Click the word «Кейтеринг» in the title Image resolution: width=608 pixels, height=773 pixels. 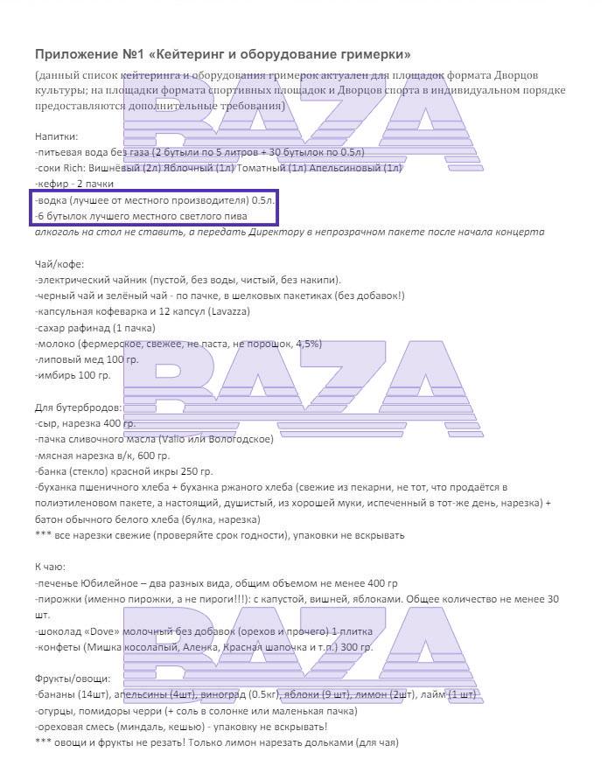pyautogui.click(x=172, y=54)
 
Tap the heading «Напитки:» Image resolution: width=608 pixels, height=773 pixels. pyautogui.click(x=56, y=137)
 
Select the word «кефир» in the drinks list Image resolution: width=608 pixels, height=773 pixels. pyautogui.click(x=55, y=184)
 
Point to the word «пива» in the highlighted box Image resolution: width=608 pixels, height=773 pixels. pyautogui.click(x=234, y=216)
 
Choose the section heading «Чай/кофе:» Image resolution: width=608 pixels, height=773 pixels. pyautogui.click(x=59, y=265)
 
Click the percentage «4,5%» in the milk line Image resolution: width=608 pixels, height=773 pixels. pyautogui.click(x=307, y=344)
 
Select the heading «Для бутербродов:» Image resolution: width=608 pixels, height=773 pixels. pyautogui.click(x=79, y=408)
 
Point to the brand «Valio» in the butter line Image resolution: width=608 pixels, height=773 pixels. pyautogui.click(x=175, y=439)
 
